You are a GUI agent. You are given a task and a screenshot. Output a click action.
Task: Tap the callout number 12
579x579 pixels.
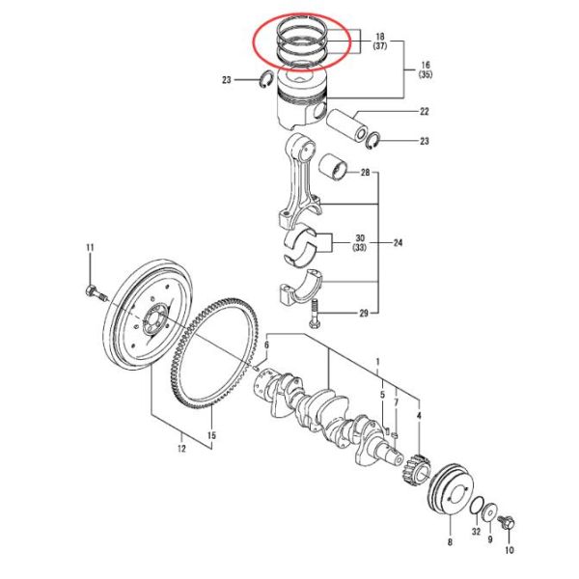(179, 447)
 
